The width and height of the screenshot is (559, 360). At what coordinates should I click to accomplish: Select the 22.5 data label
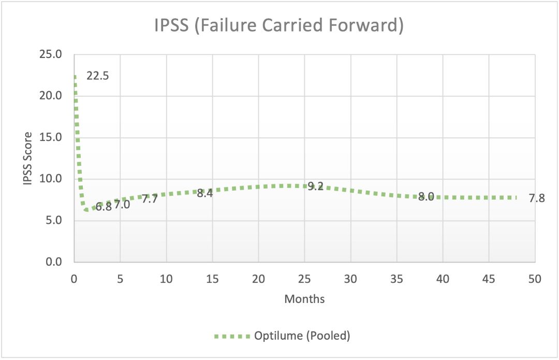(x=98, y=76)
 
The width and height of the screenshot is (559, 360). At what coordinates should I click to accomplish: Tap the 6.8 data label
(x=104, y=207)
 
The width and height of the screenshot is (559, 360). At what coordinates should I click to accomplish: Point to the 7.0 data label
(x=122, y=204)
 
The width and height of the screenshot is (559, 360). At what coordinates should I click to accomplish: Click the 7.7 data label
(x=150, y=198)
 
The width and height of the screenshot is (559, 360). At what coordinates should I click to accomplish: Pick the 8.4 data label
(x=205, y=193)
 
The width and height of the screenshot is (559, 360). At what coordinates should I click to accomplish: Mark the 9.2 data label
(x=315, y=186)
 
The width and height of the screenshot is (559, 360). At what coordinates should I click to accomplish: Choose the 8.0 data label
(x=425, y=197)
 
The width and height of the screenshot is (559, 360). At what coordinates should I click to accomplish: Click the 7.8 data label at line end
(x=537, y=198)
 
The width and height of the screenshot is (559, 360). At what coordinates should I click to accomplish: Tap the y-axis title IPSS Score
(x=28, y=158)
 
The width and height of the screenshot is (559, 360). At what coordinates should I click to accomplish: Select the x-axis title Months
(x=304, y=299)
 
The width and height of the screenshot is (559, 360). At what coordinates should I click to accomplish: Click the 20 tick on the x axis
(x=258, y=279)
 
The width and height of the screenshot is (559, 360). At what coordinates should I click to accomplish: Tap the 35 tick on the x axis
(x=396, y=279)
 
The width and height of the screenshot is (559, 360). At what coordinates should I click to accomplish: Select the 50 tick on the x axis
(x=535, y=279)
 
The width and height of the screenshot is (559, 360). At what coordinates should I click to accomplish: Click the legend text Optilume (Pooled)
(x=302, y=336)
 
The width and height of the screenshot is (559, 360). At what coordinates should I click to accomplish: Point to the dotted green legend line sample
(x=231, y=336)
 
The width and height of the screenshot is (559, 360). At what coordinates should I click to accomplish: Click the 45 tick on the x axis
(x=489, y=279)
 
